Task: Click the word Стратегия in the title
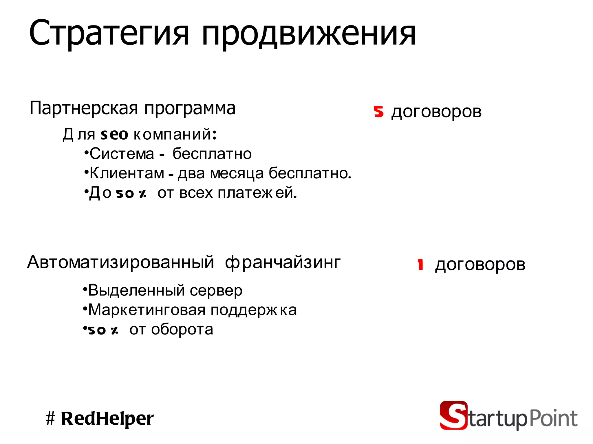click(109, 33)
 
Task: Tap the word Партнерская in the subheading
click(84, 108)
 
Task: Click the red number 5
click(378, 112)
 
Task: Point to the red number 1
click(420, 264)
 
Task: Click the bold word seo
click(114, 134)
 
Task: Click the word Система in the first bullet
click(122, 153)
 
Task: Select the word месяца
click(237, 173)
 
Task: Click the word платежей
click(257, 193)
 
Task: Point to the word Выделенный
click(136, 290)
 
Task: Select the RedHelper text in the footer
click(107, 419)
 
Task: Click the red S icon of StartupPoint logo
click(453, 415)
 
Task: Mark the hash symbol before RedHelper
click(50, 419)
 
